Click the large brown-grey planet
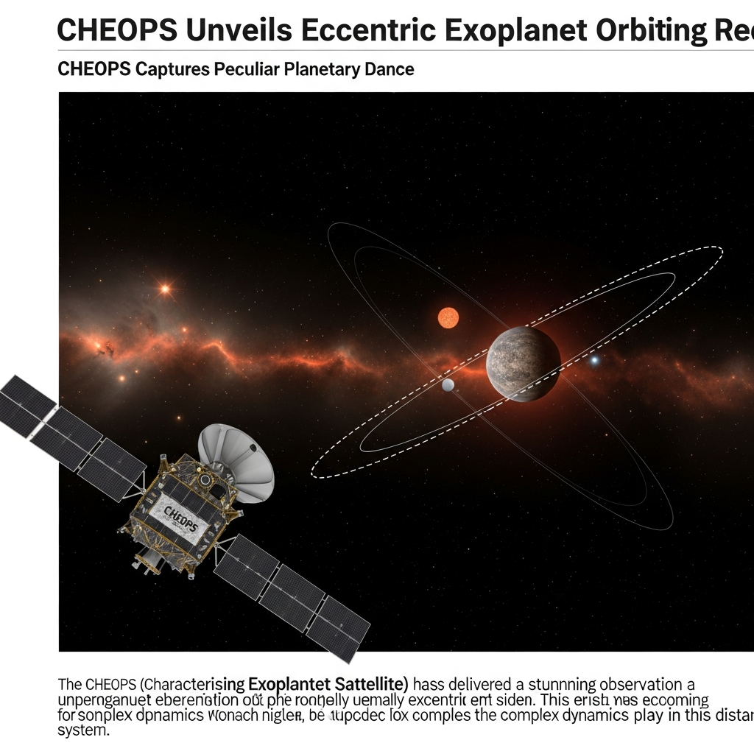click(524, 364)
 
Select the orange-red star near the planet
click(448, 317)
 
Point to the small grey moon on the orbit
click(448, 384)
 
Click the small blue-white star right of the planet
click(594, 360)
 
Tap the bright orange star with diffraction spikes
click(165, 289)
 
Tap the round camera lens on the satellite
click(205, 479)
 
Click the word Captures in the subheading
click(173, 70)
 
